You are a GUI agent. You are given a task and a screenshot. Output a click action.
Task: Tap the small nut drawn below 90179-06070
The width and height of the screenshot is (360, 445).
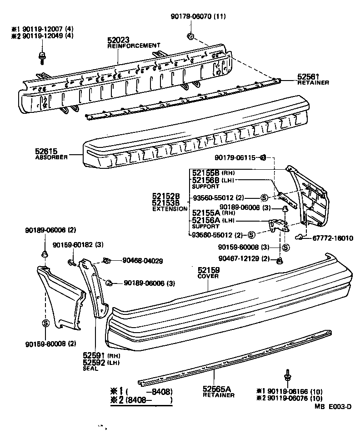(191, 36)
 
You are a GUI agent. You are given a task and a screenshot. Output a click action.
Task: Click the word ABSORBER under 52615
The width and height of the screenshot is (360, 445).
(51, 157)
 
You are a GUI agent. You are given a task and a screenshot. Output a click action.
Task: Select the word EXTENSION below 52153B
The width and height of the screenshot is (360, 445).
(170, 208)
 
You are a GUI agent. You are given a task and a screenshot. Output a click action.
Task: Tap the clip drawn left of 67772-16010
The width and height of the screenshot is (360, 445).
(300, 236)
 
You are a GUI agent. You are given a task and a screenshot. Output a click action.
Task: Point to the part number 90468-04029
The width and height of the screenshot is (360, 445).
(143, 261)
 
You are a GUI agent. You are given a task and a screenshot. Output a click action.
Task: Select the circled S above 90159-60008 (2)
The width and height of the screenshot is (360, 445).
(45, 323)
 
